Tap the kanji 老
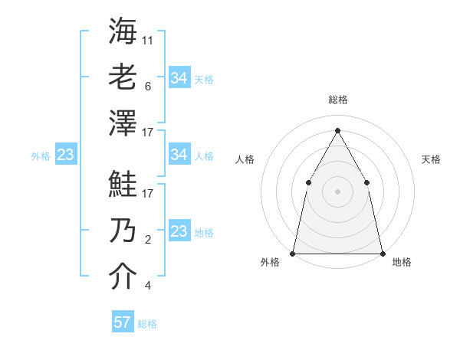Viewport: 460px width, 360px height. pyautogui.click(x=123, y=77)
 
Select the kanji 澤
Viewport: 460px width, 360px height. pyautogui.click(x=123, y=123)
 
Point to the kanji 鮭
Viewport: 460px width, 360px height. pyautogui.click(x=123, y=184)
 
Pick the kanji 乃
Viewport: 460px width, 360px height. pyautogui.click(x=123, y=231)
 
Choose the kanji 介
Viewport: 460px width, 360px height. pyautogui.click(x=123, y=277)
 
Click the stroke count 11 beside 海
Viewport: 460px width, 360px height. pyautogui.click(x=148, y=40)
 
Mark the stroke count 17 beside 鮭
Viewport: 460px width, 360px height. pyautogui.click(x=148, y=194)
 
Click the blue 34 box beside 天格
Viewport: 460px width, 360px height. pyautogui.click(x=179, y=77)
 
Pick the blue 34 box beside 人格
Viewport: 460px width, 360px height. pyautogui.click(x=179, y=155)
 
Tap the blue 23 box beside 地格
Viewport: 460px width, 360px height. pyautogui.click(x=179, y=231)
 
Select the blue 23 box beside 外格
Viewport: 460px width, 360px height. pyautogui.click(x=65, y=155)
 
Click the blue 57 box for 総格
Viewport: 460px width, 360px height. pyautogui.click(x=122, y=322)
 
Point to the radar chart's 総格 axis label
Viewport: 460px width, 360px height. pyautogui.click(x=338, y=100)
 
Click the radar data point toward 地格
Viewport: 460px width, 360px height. pyautogui.click(x=382, y=253)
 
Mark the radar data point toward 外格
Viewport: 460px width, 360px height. pyautogui.click(x=293, y=253)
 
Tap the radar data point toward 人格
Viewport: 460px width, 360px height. pyautogui.click(x=308, y=182)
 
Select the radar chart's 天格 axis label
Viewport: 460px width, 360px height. pyautogui.click(x=431, y=159)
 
